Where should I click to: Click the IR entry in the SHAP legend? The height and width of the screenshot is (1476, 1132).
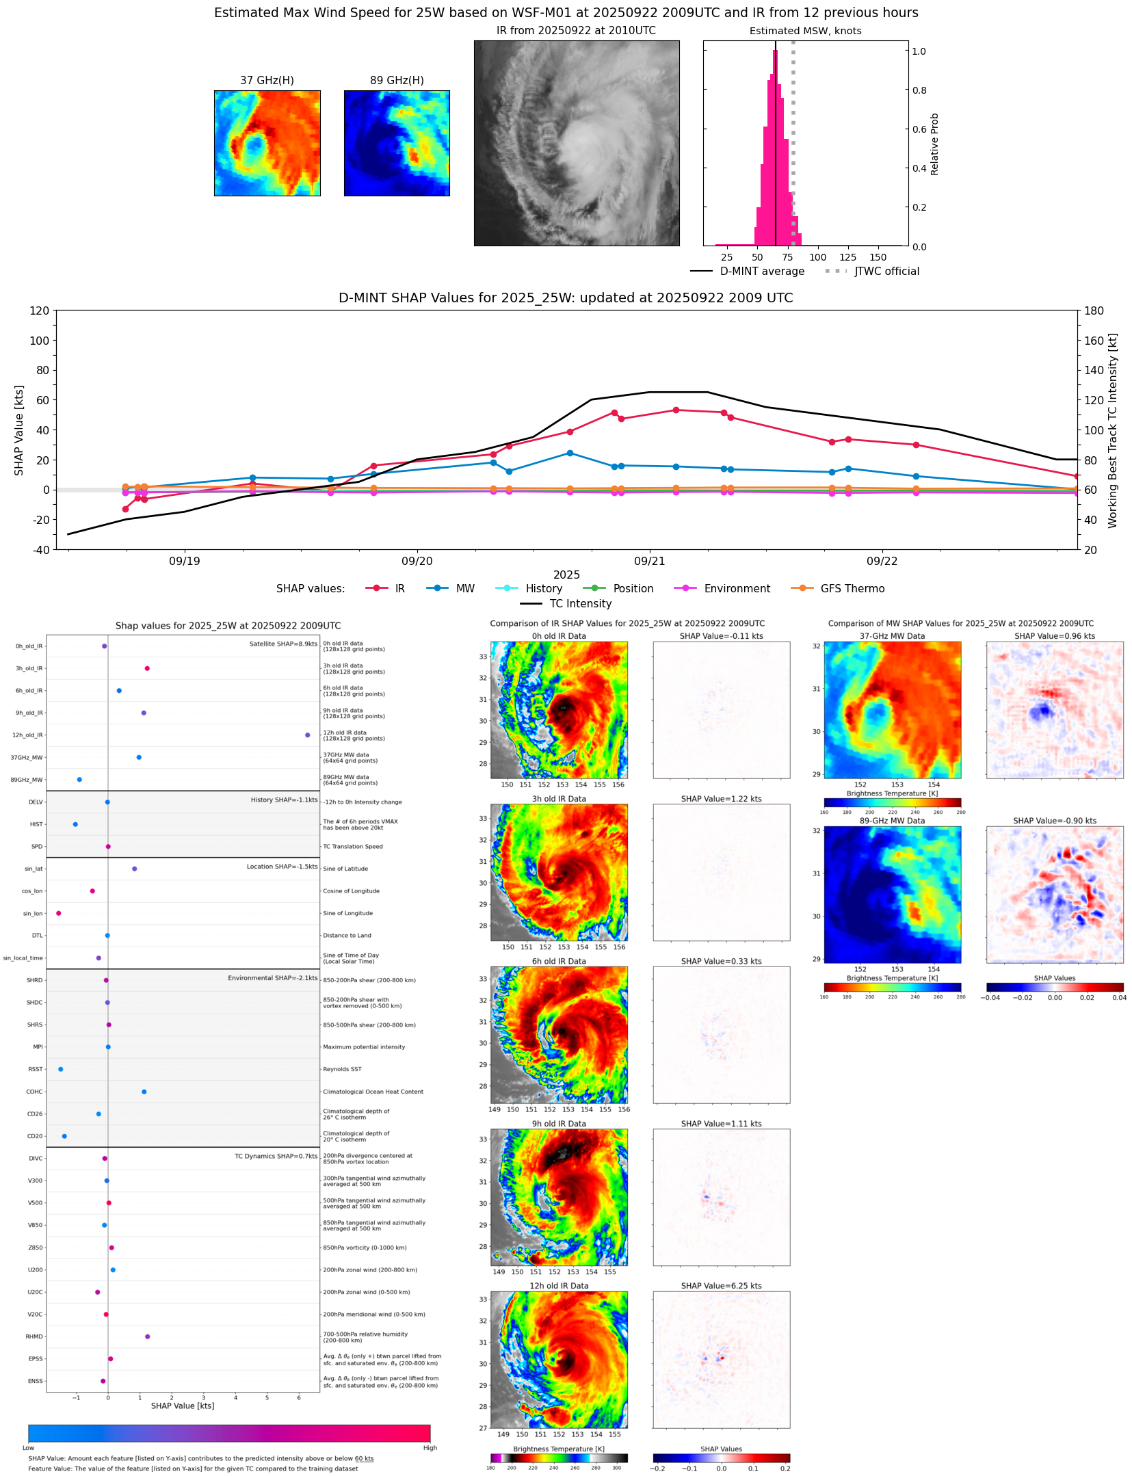pyautogui.click(x=399, y=588)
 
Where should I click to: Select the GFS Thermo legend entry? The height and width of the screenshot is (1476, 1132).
pyautogui.click(x=852, y=588)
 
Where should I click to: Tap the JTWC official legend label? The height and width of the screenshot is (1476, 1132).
pyautogui.click(x=886, y=271)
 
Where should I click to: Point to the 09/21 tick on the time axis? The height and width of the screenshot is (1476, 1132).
pyautogui.click(x=649, y=561)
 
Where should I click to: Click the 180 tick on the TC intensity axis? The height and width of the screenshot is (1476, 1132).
pyautogui.click(x=1094, y=311)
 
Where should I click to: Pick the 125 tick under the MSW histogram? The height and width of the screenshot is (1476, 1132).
pyautogui.click(x=847, y=257)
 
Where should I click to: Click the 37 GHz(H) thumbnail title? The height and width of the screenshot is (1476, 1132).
pyautogui.click(x=267, y=80)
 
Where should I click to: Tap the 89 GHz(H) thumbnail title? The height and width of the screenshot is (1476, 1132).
pyautogui.click(x=397, y=80)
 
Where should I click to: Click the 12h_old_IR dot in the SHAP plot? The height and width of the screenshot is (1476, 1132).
pyautogui.click(x=308, y=735)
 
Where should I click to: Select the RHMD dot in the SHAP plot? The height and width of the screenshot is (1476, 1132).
pyautogui.click(x=148, y=1336)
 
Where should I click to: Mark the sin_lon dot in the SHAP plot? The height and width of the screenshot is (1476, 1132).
pyautogui.click(x=59, y=913)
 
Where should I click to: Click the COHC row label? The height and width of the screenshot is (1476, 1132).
pyautogui.click(x=34, y=1092)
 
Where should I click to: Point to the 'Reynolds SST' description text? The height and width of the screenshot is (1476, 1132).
pyautogui.click(x=342, y=1069)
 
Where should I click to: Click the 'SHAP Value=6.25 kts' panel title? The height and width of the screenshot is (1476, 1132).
pyautogui.click(x=721, y=1286)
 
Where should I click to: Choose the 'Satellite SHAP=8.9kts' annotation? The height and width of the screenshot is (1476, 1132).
pyautogui.click(x=283, y=644)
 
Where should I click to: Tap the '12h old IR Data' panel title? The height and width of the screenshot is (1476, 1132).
pyautogui.click(x=559, y=1286)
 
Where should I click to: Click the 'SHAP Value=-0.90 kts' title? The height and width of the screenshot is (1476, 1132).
pyautogui.click(x=1054, y=821)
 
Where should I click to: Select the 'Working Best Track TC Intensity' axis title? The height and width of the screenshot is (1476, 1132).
pyautogui.click(x=1113, y=431)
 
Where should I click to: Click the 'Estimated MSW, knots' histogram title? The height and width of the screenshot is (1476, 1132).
pyautogui.click(x=805, y=31)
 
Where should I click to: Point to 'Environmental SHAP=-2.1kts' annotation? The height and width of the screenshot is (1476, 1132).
pyautogui.click(x=272, y=978)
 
